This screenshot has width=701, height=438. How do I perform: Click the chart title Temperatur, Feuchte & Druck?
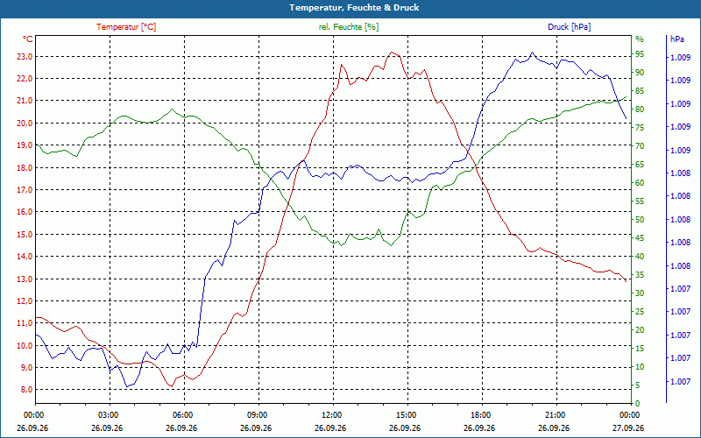(x=354, y=8)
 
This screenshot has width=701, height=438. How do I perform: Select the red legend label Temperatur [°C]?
(x=126, y=27)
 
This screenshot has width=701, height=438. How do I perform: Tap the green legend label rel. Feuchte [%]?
(x=348, y=27)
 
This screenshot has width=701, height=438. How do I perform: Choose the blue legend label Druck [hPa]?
(x=569, y=27)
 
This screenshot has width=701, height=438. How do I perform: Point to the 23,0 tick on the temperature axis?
(x=24, y=57)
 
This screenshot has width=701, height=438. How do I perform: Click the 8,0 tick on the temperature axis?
(x=25, y=389)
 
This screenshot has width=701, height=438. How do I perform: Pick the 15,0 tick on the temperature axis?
(x=24, y=234)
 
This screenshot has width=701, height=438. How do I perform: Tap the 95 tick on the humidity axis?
(x=640, y=54)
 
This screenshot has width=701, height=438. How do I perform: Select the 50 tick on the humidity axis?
(x=640, y=220)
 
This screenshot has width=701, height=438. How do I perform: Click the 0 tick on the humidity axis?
(x=638, y=404)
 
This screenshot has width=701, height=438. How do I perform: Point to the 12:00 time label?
(x=331, y=414)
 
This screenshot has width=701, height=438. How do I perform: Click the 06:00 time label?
(x=182, y=414)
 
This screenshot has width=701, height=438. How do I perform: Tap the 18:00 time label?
(x=480, y=414)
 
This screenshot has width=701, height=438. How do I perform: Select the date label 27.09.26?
(x=628, y=427)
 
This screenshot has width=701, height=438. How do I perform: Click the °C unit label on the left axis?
(x=27, y=39)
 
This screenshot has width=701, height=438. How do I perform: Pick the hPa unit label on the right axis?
(x=676, y=39)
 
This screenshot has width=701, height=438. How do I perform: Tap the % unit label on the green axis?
(x=640, y=39)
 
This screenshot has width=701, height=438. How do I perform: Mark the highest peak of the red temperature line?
(x=392, y=52)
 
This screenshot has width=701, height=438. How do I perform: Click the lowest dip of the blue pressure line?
(x=127, y=386)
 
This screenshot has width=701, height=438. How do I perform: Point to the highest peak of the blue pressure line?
(x=532, y=52)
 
